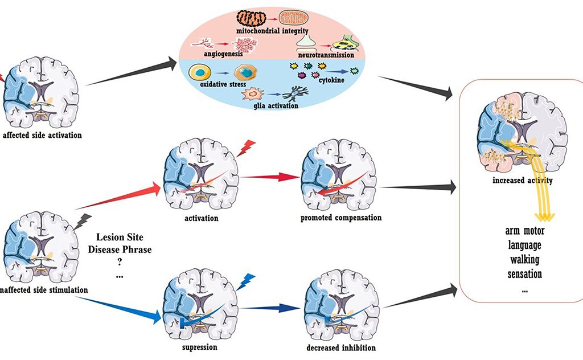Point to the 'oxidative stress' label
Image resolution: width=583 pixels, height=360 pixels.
220,84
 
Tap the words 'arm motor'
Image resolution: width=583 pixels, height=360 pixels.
524,231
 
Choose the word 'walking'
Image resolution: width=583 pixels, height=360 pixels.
524,260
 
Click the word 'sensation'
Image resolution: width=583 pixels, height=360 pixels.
524,274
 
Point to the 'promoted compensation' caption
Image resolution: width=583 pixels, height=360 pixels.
341,218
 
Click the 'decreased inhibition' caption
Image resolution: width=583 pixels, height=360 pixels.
340,347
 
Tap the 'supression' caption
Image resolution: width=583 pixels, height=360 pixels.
199,346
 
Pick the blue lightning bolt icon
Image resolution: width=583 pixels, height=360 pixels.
246,280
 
